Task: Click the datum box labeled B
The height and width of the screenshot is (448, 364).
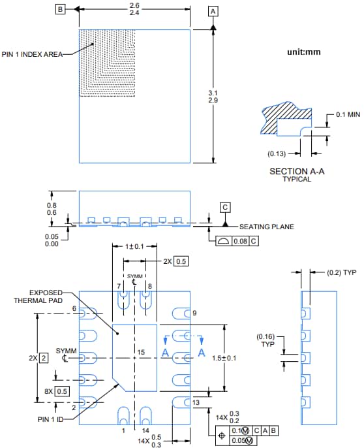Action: tap(61, 9)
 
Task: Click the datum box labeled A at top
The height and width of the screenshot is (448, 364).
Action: tap(213, 11)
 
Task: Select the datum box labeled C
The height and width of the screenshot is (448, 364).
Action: tap(225, 207)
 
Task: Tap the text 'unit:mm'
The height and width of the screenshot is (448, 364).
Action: tap(304, 52)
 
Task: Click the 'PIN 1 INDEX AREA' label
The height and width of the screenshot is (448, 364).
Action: tap(32, 54)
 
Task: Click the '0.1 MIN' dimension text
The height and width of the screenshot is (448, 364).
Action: tap(348, 114)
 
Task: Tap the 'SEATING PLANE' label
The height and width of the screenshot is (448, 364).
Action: tap(266, 227)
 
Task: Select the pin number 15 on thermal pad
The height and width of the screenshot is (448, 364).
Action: tap(140, 353)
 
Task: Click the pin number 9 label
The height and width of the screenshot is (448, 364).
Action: tap(194, 313)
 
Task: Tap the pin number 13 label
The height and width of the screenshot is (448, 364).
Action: tap(195, 403)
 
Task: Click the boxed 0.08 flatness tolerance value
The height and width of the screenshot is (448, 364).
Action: tap(240, 241)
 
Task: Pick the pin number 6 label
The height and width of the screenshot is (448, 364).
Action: tap(74, 308)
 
